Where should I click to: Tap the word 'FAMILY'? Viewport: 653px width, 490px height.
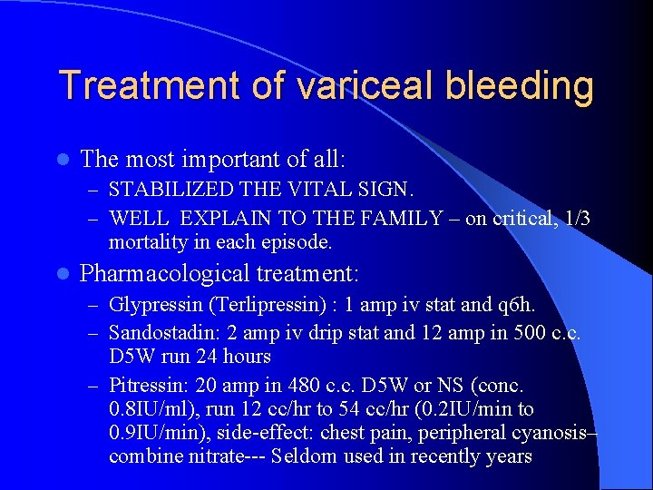[406, 219]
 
